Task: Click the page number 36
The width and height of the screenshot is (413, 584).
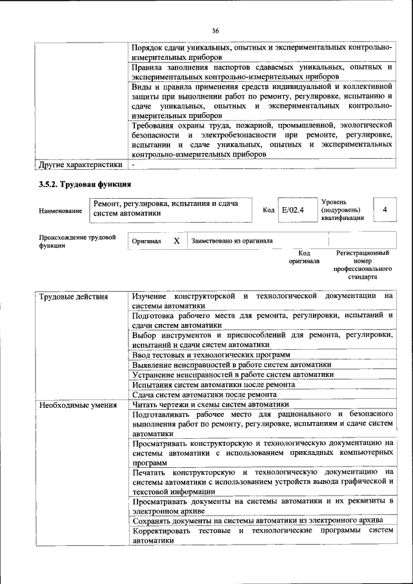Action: [216, 30]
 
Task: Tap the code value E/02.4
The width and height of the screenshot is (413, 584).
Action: [292, 210]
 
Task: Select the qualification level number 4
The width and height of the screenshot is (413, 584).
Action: [385, 210]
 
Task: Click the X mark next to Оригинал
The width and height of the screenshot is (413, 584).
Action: [176, 241]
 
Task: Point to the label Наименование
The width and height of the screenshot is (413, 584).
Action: [61, 211]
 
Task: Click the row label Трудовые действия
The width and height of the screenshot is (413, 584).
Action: [74, 297]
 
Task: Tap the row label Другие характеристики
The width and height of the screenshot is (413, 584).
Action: [80, 165]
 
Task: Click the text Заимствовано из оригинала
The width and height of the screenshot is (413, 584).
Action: [232, 241]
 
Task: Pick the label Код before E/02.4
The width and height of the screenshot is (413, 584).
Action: [268, 210]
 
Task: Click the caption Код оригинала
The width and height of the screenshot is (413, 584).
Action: [305, 257]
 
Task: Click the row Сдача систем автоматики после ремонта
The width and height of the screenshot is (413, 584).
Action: [204, 394]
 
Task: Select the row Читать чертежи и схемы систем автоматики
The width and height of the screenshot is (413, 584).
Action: [210, 405]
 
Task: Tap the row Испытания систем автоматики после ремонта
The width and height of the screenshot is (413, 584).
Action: [213, 385]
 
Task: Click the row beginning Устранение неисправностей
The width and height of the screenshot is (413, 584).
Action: [232, 374]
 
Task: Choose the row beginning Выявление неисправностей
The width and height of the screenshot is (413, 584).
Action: [231, 365]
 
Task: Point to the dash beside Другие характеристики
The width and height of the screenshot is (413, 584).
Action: [133, 165]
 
